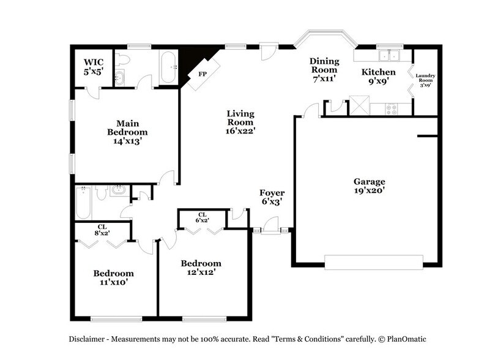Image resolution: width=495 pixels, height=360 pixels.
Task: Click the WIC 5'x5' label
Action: (x=94, y=66)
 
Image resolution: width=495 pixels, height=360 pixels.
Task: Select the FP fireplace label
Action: (x=201, y=73)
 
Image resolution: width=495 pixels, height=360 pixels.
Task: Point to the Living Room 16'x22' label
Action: (x=240, y=121)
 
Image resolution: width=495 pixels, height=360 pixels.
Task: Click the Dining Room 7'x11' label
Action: (x=324, y=69)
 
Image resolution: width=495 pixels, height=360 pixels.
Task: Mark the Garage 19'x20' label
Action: (x=369, y=186)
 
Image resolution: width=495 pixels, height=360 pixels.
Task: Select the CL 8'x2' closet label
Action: (x=102, y=230)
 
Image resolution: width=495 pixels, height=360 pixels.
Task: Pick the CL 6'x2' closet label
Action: (x=202, y=217)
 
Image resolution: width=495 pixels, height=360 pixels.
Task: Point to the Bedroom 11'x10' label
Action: (x=113, y=277)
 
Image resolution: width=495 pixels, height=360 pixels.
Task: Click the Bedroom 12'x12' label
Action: (x=200, y=267)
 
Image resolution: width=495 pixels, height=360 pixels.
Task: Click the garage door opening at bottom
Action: (x=373, y=262)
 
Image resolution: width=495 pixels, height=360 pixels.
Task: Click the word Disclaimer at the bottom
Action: (x=87, y=339)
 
